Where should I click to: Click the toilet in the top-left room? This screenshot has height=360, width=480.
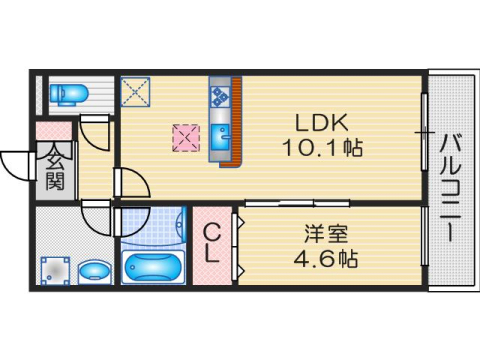pos(70,94)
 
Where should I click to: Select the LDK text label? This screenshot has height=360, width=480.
pos(320,124)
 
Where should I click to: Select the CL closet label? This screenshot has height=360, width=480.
pos(212,244)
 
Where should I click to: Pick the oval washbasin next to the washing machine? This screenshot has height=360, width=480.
pos(95,271)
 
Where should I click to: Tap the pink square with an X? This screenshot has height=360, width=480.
pos(184,137)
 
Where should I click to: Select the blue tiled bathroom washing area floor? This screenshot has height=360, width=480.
pos(153,226)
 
